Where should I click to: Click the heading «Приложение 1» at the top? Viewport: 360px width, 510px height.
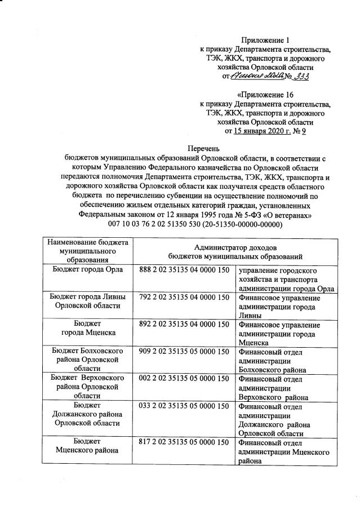(265, 40)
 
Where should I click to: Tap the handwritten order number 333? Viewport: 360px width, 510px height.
(299, 76)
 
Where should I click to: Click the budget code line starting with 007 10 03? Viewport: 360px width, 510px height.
(180, 224)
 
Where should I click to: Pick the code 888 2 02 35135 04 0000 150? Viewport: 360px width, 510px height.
(184, 270)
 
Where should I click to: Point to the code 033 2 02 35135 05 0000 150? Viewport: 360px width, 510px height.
(184, 406)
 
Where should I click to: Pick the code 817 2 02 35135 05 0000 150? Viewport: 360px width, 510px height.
(184, 442)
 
